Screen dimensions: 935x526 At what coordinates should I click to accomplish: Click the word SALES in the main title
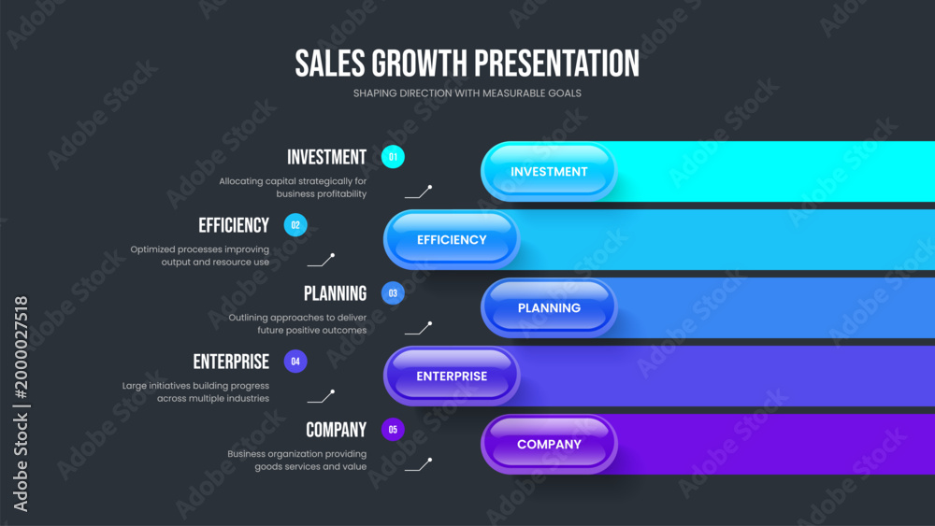coord(330,64)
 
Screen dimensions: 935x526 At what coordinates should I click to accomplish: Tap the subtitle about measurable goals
coord(467,93)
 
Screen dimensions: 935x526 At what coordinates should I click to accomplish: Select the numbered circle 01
coord(393,157)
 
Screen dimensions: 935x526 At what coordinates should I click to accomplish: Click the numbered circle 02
coord(295,225)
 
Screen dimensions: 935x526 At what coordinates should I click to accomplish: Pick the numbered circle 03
coord(393,293)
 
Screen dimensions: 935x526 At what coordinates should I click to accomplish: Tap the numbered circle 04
coord(295,362)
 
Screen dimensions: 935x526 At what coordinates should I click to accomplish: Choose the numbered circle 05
coord(393,430)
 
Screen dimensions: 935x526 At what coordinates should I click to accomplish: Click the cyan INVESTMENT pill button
coord(549,172)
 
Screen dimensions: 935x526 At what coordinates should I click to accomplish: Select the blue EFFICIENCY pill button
coord(452,239)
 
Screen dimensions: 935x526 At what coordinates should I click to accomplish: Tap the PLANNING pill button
coord(549,308)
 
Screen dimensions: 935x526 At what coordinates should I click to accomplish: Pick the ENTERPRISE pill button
coord(452,376)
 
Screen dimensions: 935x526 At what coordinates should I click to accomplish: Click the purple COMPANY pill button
coord(549,445)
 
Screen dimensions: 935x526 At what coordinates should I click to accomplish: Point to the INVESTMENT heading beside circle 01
coord(326,157)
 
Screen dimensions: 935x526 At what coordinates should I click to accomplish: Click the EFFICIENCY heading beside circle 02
coord(234,225)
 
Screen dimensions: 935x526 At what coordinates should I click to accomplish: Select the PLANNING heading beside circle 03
coord(335,293)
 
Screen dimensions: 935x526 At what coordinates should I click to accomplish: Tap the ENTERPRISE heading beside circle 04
coord(231,362)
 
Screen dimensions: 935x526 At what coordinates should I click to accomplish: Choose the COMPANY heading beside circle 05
coord(337,430)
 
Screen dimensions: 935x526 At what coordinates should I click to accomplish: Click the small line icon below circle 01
coord(419,192)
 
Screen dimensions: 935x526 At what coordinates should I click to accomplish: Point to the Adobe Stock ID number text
coord(21,348)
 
